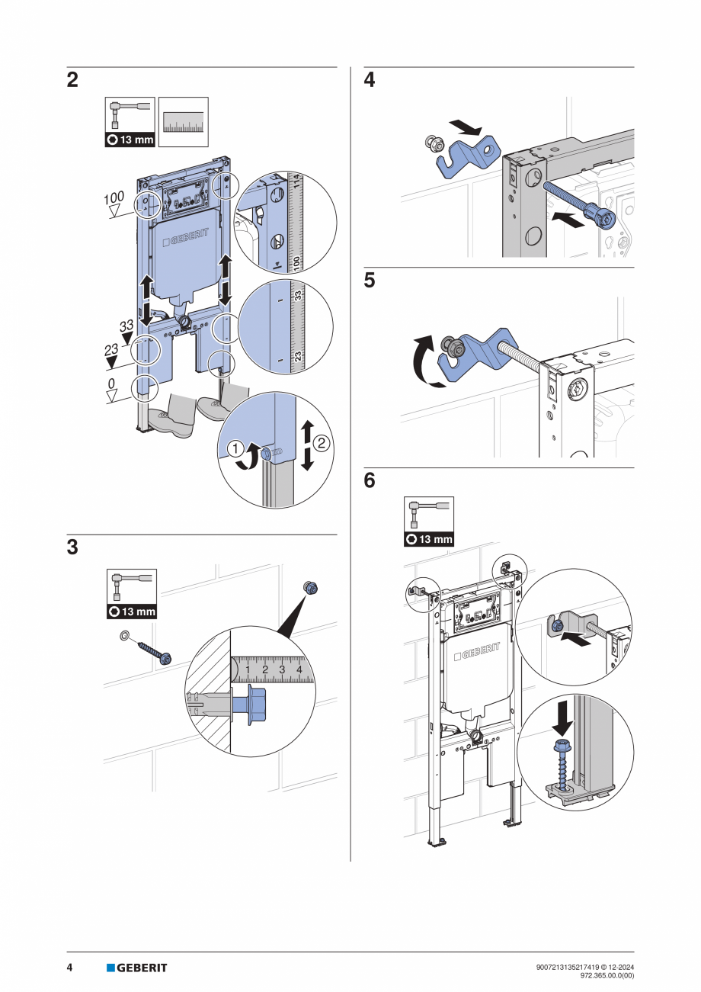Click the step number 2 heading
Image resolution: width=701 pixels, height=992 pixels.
[72, 80]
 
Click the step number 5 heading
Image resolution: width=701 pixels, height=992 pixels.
[370, 281]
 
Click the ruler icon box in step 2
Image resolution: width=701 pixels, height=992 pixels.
[183, 122]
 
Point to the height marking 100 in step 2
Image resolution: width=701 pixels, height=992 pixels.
[114, 198]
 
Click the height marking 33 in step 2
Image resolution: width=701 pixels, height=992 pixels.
[126, 326]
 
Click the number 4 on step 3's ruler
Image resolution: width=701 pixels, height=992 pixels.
[299, 669]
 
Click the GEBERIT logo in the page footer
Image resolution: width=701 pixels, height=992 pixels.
[136, 968]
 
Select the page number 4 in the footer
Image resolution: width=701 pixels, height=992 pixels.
[69, 968]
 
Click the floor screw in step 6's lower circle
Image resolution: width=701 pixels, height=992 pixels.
[565, 765]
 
